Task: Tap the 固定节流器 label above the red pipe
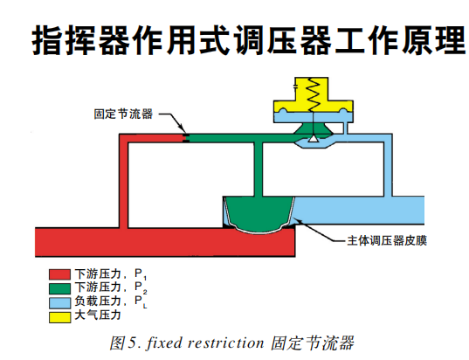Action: pos(123,114)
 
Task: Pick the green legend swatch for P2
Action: pos(58,287)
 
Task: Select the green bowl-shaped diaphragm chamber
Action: pos(259,214)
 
